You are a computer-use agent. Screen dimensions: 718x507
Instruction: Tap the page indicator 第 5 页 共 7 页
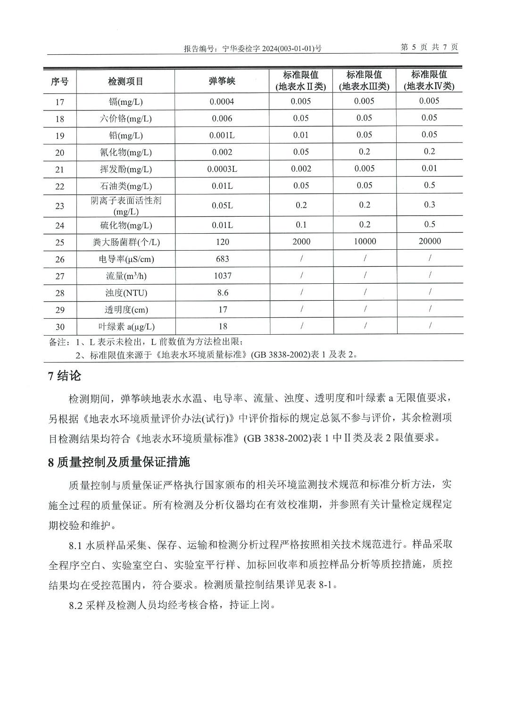429,47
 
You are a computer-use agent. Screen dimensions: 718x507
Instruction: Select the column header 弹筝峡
222,81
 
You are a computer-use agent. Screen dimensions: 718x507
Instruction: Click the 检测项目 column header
125,81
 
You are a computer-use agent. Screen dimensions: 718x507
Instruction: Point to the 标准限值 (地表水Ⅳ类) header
429,80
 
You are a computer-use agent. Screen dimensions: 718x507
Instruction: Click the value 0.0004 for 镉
222,101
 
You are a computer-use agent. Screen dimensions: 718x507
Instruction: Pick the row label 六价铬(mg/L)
125,118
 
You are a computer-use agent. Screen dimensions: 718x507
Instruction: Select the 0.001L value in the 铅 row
222,135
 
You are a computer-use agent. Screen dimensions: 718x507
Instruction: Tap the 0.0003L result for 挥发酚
222,169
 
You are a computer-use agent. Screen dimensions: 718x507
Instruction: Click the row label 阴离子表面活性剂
125,201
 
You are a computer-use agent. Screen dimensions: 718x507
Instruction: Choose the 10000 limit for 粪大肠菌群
365,242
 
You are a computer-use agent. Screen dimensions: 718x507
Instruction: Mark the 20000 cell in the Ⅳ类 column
430,241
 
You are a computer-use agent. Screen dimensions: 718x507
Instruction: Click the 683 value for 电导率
222,259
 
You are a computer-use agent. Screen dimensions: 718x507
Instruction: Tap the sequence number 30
59,327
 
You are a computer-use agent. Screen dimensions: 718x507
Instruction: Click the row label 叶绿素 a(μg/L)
126,327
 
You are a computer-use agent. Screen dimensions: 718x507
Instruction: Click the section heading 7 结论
65,376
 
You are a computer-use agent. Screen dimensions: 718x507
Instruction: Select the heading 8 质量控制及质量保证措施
119,462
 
